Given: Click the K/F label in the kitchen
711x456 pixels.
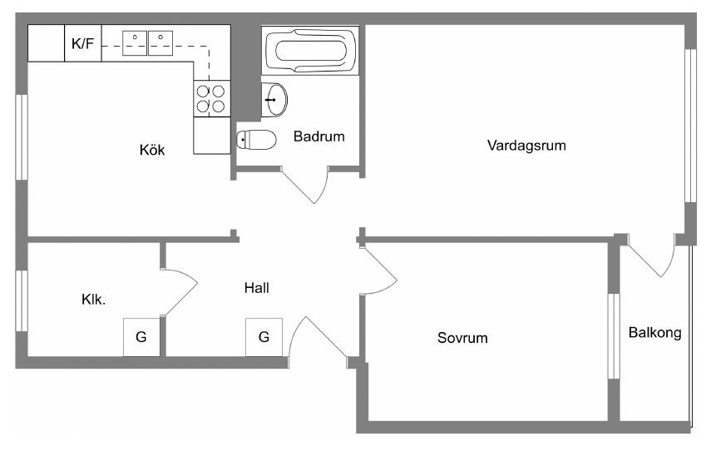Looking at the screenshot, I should coord(82,44).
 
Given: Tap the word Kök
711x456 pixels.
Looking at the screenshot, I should coord(152,151).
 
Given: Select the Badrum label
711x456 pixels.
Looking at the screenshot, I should coord(318,136).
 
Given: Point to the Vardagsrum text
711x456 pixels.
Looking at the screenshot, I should coord(526,146).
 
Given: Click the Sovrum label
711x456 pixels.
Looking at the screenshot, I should coord(462,339).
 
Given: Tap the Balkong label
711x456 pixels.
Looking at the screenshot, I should coord(654,333).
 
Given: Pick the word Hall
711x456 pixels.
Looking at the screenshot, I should coord(257,288).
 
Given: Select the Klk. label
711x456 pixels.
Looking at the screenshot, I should coord(93,300).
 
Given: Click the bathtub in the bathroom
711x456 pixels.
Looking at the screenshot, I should coord(309,51).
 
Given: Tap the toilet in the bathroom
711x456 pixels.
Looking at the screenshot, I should coord(256,139).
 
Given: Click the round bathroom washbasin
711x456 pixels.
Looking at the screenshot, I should coord(274,100).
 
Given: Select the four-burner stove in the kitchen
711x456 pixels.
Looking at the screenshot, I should coord(211,99).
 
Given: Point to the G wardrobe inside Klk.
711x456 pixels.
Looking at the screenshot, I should coord(141,337).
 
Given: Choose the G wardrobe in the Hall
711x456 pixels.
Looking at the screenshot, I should coord(264,337).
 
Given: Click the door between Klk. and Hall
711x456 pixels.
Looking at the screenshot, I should coord(180,291).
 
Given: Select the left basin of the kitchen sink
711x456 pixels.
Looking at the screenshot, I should coord(135,42).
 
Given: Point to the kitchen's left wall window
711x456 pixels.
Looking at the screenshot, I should coord(22,135).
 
